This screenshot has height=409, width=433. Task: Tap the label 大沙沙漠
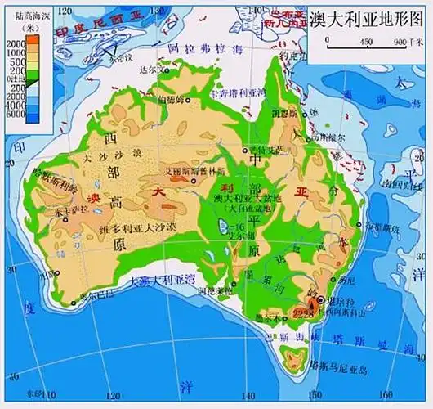112,153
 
